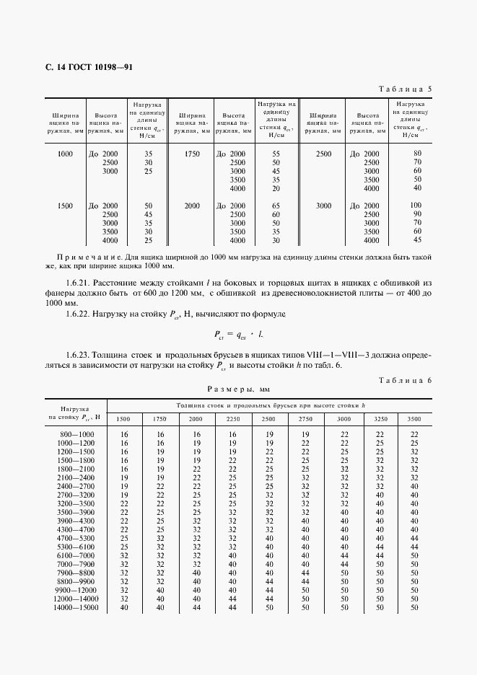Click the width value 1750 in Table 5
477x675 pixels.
tap(192, 154)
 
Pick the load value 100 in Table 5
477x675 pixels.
tap(416, 206)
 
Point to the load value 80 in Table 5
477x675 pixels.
tap(416, 154)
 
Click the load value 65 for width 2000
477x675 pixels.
tap(276, 206)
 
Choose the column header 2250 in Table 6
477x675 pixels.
tap(232, 418)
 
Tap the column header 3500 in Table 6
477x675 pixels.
tap(414, 418)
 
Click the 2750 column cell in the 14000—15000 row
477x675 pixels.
tap(305, 608)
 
